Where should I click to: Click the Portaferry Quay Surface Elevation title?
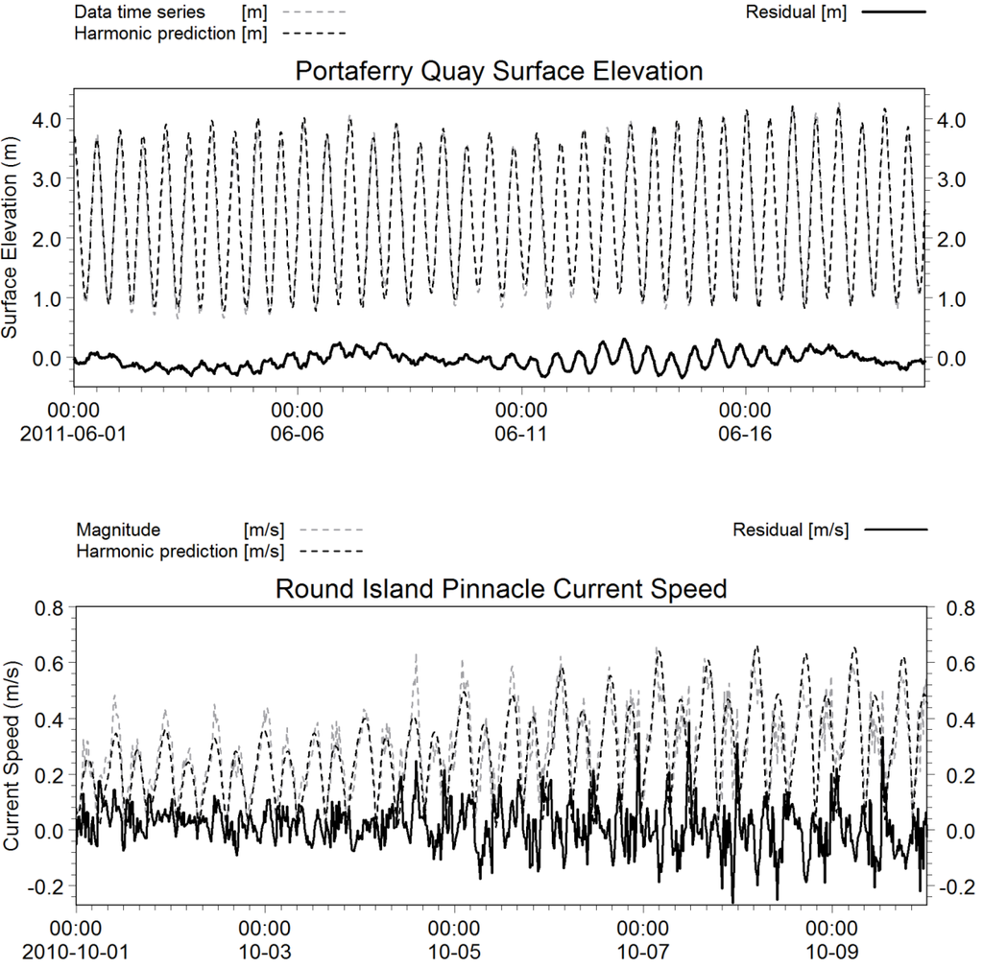click(x=499, y=72)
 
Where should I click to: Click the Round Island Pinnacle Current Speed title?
click(x=500, y=588)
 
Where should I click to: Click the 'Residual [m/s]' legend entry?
click(x=790, y=530)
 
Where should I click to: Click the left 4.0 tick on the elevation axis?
click(x=48, y=120)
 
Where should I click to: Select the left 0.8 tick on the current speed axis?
click(x=48, y=608)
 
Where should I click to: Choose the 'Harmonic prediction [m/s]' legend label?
click(x=180, y=551)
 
